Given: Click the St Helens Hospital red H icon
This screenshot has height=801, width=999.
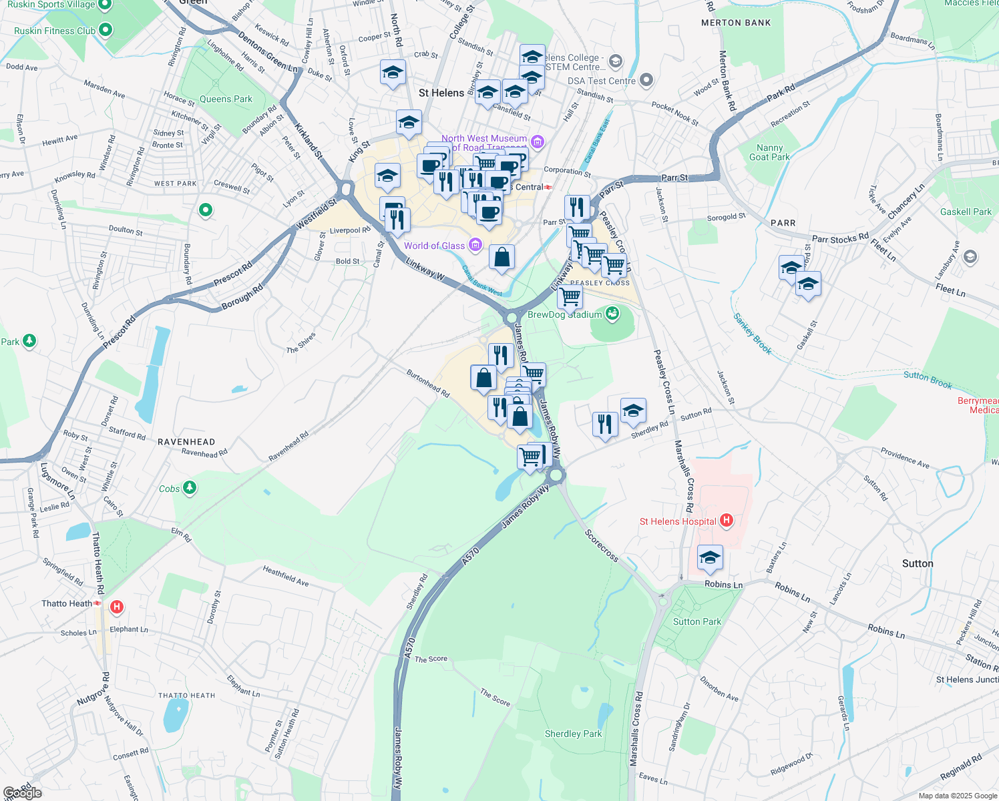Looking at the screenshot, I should [727, 521].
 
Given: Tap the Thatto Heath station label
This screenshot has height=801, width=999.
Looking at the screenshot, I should [67, 603].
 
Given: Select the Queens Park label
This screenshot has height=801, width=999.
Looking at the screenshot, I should [226, 99].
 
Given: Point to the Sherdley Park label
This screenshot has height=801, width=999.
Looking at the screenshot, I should [573, 734].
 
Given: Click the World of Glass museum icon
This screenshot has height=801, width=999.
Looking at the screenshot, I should [475, 246].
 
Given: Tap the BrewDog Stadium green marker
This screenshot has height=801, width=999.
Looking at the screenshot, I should [612, 313].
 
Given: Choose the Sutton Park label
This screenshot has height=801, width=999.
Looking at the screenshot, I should [697, 621].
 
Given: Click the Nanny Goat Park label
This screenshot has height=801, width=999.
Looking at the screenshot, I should [769, 152].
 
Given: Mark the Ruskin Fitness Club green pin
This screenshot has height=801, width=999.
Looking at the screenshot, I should [106, 30].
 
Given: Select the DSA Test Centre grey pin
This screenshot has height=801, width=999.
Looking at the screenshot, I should [646, 81].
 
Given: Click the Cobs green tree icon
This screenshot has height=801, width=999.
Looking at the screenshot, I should [190, 489].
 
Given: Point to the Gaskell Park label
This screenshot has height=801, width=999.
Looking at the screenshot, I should [966, 212].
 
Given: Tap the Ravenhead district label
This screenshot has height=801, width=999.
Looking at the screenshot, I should [186, 442].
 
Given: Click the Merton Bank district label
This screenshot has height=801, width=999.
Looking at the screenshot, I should [736, 23].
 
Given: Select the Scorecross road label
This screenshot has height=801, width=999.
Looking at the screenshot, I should [601, 545].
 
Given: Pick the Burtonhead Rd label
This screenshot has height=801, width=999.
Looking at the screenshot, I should [428, 384].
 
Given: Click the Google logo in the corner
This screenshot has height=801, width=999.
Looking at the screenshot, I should [23, 792].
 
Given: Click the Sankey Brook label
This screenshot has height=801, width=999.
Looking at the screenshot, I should [753, 334].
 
